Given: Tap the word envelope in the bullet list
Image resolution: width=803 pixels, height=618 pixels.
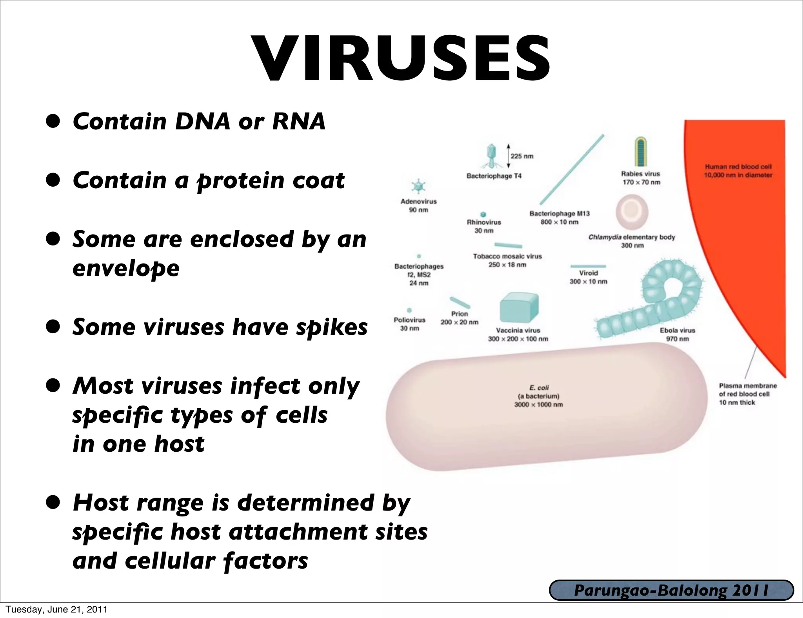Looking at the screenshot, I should (x=126, y=269).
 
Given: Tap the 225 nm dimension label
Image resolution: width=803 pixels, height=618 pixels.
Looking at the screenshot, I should (x=522, y=156).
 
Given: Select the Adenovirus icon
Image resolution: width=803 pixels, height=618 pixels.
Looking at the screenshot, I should (x=418, y=186).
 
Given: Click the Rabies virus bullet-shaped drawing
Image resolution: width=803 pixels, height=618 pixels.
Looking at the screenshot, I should (x=641, y=152).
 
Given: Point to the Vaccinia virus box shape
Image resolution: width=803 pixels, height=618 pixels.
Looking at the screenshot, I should (x=519, y=308).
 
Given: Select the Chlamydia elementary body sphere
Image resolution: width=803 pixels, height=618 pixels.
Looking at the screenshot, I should (x=632, y=212).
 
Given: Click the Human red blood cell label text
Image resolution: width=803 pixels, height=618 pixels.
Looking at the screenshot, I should (x=738, y=171).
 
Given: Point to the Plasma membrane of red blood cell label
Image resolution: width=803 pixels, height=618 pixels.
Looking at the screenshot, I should (x=747, y=394).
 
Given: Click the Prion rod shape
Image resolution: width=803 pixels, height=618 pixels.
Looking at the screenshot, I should (x=460, y=303).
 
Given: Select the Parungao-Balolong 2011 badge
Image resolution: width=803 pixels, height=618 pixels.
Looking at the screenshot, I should (x=671, y=591).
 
